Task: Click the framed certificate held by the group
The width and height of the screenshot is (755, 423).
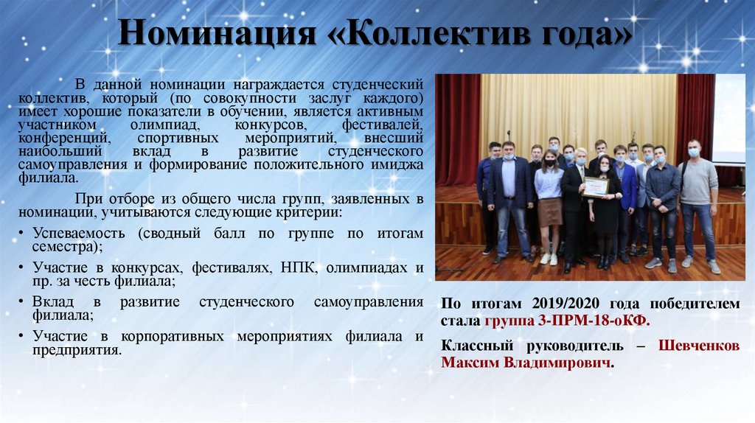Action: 595,186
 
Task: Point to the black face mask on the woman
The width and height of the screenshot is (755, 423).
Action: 550,162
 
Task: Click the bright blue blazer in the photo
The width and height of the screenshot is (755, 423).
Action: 627,184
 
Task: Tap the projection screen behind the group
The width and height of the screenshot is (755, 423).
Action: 729,118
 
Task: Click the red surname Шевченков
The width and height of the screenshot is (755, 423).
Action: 698,346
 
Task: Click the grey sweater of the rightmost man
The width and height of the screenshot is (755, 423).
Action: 698,181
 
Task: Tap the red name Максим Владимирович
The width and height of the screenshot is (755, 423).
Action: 526,363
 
